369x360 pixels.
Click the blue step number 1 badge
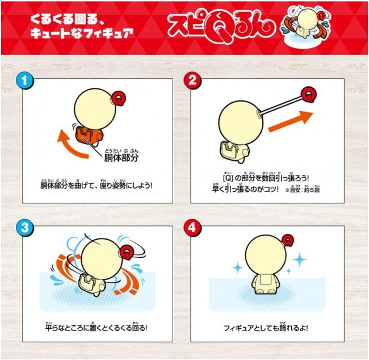point(25,81)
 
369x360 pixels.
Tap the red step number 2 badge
point(192,81)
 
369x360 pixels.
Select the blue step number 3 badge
point(25,228)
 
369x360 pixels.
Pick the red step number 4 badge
point(192,228)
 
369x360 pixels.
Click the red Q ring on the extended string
point(309,94)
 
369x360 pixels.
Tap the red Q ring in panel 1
point(119,99)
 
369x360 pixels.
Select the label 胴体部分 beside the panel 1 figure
point(121,158)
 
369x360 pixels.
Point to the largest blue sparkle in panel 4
point(299,259)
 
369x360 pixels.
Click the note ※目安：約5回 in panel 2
point(303,190)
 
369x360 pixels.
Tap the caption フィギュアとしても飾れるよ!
point(266,328)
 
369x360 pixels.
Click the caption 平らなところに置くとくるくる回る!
point(97,328)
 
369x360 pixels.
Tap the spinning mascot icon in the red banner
point(305,27)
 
